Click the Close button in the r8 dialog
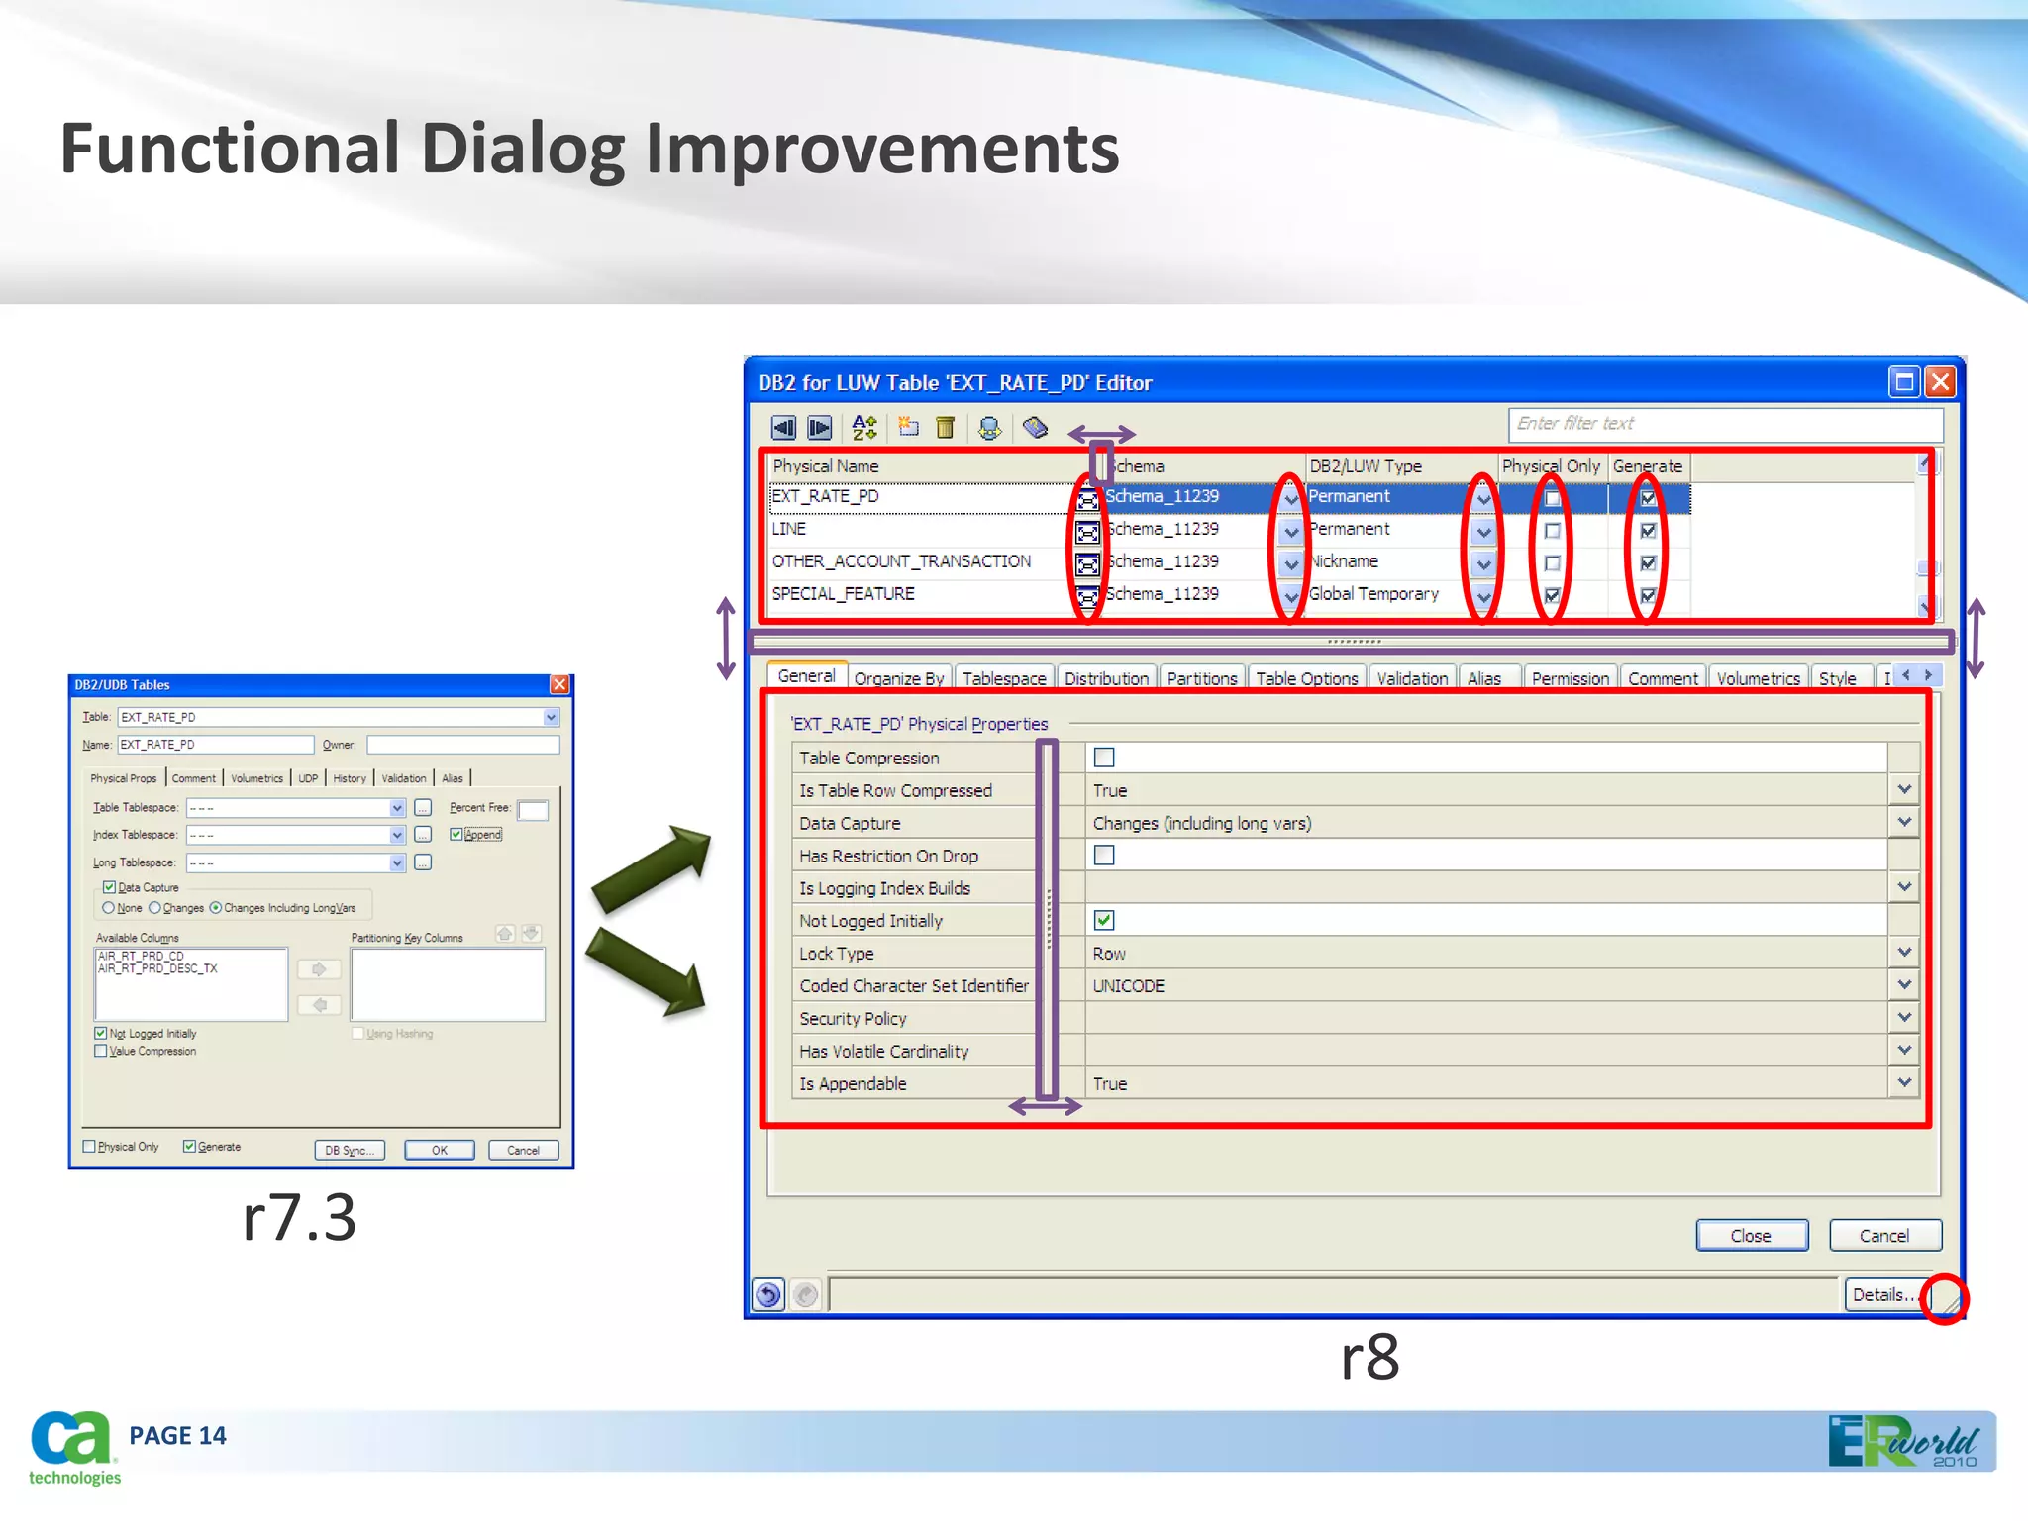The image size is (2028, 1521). pyautogui.click(x=1751, y=1235)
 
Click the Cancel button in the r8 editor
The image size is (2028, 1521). pyautogui.click(x=1883, y=1235)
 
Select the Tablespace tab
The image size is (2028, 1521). pyautogui.click(x=1004, y=678)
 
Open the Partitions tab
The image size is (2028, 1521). pyautogui.click(x=1201, y=678)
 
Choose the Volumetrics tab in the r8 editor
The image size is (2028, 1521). pyautogui.click(x=1758, y=678)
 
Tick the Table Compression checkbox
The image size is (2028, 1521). pyautogui.click(x=1104, y=758)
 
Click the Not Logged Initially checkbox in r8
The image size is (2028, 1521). pyautogui.click(x=1104, y=921)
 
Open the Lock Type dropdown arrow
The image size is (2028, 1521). pyautogui.click(x=1903, y=953)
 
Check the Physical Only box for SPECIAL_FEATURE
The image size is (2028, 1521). pyautogui.click(x=1552, y=596)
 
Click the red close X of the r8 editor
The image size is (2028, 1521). pyautogui.click(x=1940, y=382)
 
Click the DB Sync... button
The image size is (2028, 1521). pyautogui.click(x=350, y=1150)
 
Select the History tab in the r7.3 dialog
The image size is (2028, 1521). pyautogui.click(x=349, y=778)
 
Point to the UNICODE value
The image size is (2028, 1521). pyautogui.click(x=1129, y=986)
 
